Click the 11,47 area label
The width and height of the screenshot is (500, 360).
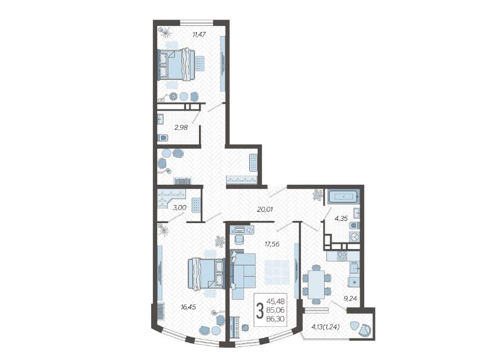coord(198,34)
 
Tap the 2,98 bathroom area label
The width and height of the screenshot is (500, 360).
coord(181,127)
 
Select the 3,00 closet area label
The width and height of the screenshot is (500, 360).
coord(179,207)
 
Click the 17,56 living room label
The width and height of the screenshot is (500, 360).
coord(272,244)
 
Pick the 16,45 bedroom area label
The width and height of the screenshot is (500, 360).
coord(188,307)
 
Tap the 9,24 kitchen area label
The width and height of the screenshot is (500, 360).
coord(350,299)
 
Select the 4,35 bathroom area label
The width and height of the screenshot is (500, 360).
coord(341,219)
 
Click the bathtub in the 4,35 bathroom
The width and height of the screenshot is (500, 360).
coord(343,197)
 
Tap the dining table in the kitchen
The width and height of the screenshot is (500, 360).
coord(316,284)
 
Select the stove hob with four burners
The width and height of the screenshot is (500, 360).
coord(342,256)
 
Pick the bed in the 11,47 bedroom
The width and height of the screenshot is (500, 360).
coord(176,64)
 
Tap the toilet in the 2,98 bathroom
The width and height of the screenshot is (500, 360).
coord(162,137)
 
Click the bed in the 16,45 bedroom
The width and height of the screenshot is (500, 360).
coord(206,274)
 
